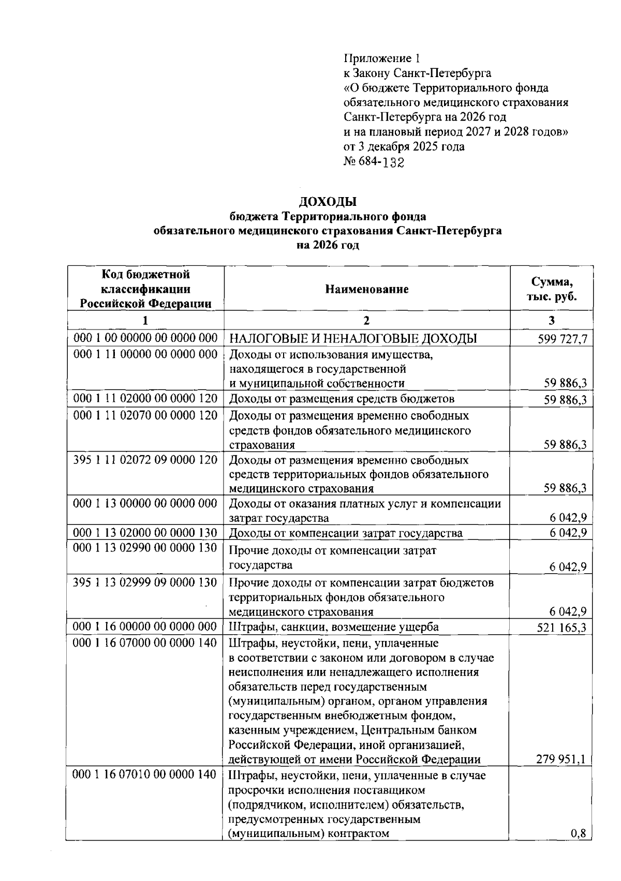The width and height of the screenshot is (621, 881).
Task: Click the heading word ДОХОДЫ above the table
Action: coord(328,201)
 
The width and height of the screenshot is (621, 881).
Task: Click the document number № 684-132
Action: coord(374,162)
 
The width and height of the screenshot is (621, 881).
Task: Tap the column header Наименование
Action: coord(367,289)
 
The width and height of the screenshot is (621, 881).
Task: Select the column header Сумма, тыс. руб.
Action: coord(552,289)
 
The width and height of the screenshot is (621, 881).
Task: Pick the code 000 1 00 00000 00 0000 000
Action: coord(145,338)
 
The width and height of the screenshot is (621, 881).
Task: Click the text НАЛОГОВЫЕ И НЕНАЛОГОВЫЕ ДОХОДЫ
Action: coord(353,339)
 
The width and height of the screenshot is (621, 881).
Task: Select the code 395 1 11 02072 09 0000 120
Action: coord(145,460)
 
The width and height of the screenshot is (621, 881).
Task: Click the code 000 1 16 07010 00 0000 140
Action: coord(145,775)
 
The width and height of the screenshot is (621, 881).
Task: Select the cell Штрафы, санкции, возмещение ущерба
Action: coord(334,627)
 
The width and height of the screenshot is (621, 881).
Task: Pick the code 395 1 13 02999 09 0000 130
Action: coord(145,583)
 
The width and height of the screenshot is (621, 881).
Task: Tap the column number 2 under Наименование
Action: coord(366,320)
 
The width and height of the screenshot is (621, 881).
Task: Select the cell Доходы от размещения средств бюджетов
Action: coord(342,399)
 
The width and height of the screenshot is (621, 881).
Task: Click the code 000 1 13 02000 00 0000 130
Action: coord(145,533)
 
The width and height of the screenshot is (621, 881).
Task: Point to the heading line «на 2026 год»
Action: coord(328,245)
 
